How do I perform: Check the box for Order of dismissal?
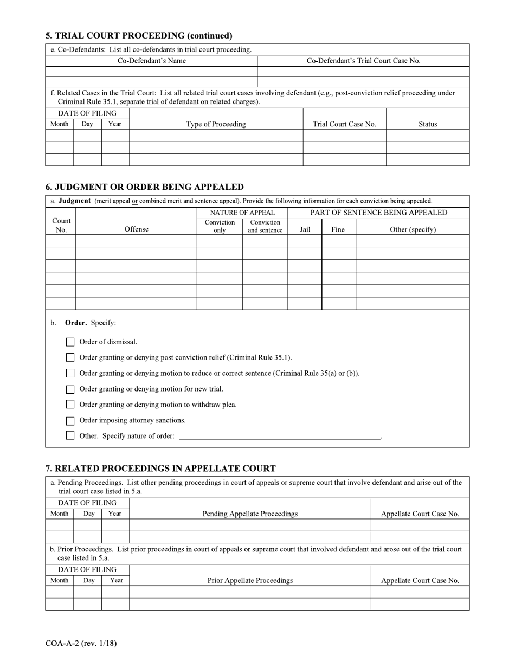point(70,342)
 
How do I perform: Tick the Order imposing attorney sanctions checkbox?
point(70,421)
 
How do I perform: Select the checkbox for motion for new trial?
point(70,389)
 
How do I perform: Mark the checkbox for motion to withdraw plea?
point(70,405)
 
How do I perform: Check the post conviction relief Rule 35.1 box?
point(70,358)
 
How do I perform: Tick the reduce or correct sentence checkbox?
point(70,374)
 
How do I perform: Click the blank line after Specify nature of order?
point(279,435)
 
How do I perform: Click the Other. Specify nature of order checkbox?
point(70,435)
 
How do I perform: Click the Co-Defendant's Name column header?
point(152,61)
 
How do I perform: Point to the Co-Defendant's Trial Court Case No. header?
point(363,61)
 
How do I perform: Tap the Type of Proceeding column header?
point(216,124)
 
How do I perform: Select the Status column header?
point(427,124)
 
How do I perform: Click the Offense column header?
point(136,229)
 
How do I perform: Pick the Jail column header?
point(305,229)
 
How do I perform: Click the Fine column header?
point(338,229)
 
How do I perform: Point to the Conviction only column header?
point(220,226)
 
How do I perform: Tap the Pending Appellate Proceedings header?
point(250,514)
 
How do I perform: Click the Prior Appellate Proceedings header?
point(250,580)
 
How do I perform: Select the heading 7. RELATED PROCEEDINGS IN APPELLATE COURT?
point(160,469)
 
